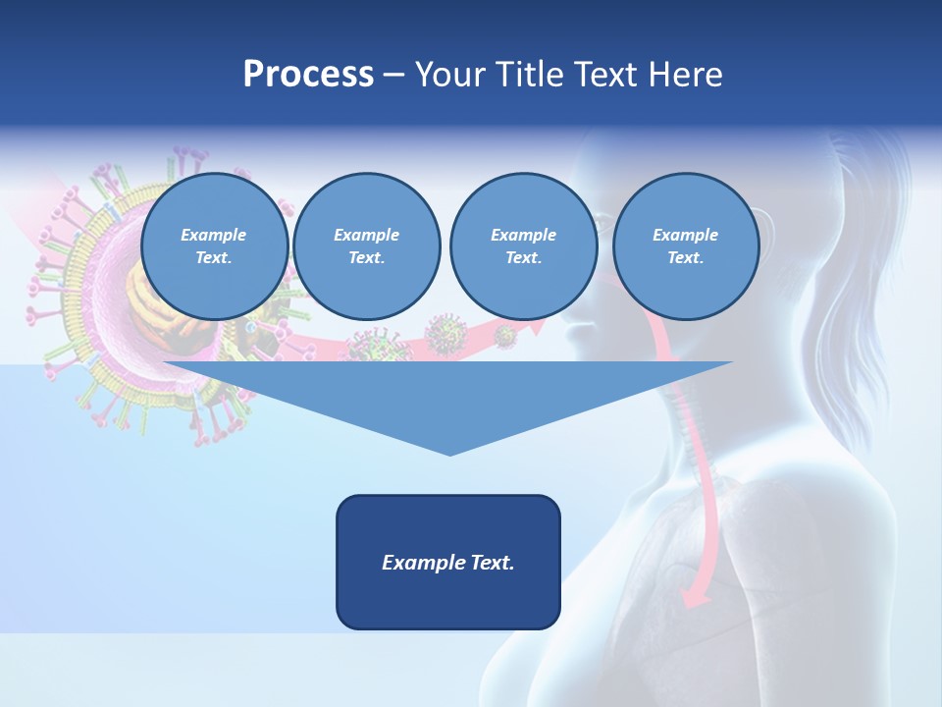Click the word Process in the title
coord(308,75)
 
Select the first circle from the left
coord(214,246)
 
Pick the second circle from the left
coord(366,246)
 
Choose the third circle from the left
coord(523,246)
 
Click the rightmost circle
coord(685,246)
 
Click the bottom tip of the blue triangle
coord(448,453)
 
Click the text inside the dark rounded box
coord(448,563)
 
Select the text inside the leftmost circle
coord(214,246)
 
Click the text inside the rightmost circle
coord(685,246)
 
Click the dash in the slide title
coord(393,75)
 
